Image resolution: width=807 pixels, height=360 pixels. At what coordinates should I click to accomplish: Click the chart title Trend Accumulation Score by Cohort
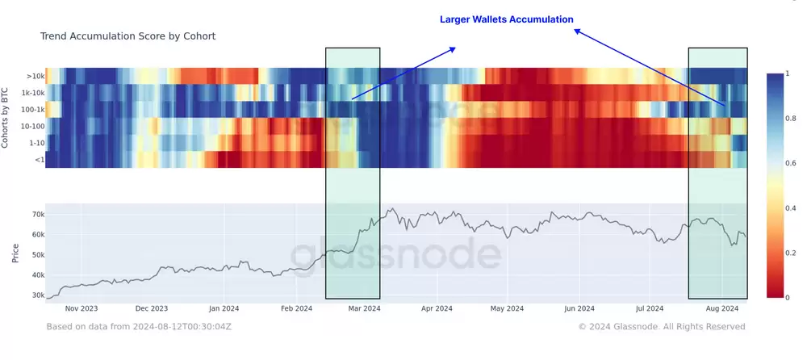coord(128,36)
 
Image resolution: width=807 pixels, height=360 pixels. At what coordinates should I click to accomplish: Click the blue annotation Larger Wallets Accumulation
coord(506,19)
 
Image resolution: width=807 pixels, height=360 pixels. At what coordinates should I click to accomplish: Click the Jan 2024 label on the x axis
coord(224,308)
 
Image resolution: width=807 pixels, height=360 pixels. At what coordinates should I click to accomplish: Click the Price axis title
coord(15,253)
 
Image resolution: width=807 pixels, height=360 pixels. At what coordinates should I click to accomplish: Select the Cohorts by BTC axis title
coord(7,117)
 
